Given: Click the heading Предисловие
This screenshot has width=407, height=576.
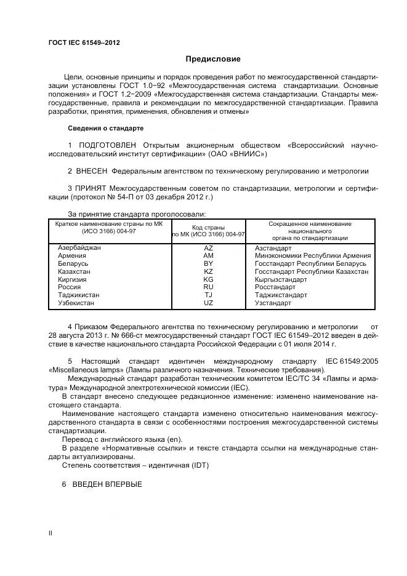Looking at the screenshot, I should [214, 59].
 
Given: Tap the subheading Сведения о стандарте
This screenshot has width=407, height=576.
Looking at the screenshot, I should [105, 129].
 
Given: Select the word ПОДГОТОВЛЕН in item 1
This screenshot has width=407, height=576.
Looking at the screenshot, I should [108, 145].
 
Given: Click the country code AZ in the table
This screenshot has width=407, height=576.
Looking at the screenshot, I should [208, 247].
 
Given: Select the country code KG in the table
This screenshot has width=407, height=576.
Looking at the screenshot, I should [208, 279].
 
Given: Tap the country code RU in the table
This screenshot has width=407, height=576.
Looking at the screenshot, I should [208, 287].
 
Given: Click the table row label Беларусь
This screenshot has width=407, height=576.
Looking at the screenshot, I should [73, 263].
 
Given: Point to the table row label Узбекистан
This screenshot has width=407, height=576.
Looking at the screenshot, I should [76, 303].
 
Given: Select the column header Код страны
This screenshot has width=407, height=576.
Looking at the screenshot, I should [208, 227].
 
